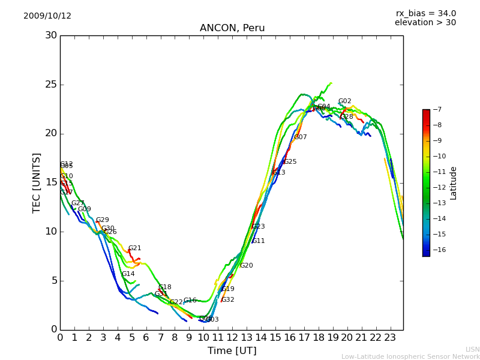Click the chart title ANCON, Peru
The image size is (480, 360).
[x=232, y=28]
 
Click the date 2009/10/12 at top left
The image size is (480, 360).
[x=47, y=16]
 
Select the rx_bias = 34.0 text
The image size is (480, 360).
[x=425, y=14]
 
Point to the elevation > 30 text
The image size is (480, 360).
[x=425, y=23]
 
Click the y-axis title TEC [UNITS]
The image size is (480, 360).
[x=37, y=182]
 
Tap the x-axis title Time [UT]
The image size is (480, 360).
[x=232, y=350]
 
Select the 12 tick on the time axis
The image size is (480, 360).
[x=232, y=338]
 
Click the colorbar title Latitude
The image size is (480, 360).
[x=454, y=183]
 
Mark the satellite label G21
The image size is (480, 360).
[x=134, y=248]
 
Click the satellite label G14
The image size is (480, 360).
[x=128, y=274]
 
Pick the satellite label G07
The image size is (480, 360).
[x=300, y=137]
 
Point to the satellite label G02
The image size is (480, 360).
[x=344, y=101]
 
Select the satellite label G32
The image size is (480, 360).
[x=227, y=300]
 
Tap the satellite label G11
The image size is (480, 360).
[x=258, y=241]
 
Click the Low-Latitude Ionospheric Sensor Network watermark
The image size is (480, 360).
[x=410, y=356]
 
